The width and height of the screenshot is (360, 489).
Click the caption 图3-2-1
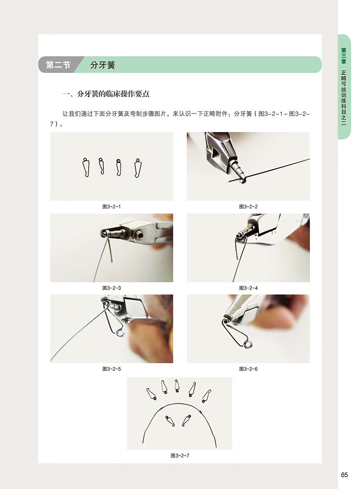111,207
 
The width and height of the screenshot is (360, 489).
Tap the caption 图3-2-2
248,207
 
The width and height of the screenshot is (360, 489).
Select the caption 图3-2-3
111,288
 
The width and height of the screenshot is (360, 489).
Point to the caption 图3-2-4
248,288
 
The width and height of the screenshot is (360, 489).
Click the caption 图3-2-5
111,369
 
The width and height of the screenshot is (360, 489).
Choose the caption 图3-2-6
248,369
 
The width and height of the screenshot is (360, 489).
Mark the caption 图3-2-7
180,456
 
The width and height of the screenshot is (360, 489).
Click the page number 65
344,475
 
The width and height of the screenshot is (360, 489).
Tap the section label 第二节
58,65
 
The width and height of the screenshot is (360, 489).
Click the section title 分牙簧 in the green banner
103,65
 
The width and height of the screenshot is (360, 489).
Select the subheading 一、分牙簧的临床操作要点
106,94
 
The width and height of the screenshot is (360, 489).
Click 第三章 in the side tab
343,56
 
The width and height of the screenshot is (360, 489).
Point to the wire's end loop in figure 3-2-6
248,344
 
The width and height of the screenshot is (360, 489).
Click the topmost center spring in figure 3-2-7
177,386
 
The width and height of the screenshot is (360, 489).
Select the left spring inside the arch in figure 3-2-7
170,421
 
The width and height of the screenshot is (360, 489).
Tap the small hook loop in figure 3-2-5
120,333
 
